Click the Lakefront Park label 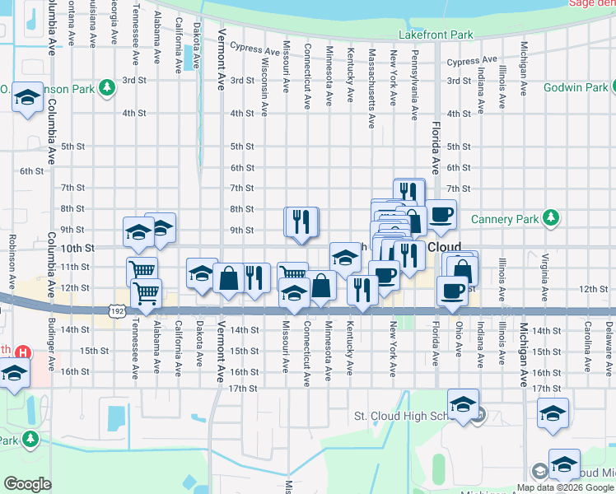436,35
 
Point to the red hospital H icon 23,352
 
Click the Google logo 27,484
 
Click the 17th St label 243,388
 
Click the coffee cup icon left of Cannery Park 441,214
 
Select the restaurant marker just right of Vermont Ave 257,278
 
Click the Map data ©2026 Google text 564,487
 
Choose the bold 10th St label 78,248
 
